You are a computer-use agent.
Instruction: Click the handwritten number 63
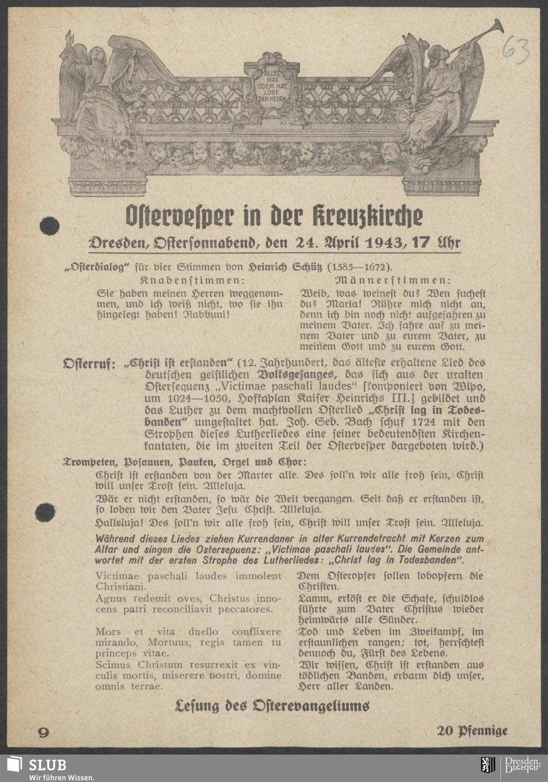(x=515, y=51)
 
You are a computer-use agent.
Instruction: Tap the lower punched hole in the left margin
(x=45, y=512)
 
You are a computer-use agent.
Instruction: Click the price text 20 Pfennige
(x=472, y=730)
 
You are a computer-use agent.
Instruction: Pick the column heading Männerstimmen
(x=392, y=280)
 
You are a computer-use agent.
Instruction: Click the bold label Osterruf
(x=89, y=363)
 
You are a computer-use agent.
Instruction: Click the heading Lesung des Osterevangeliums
(x=272, y=706)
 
